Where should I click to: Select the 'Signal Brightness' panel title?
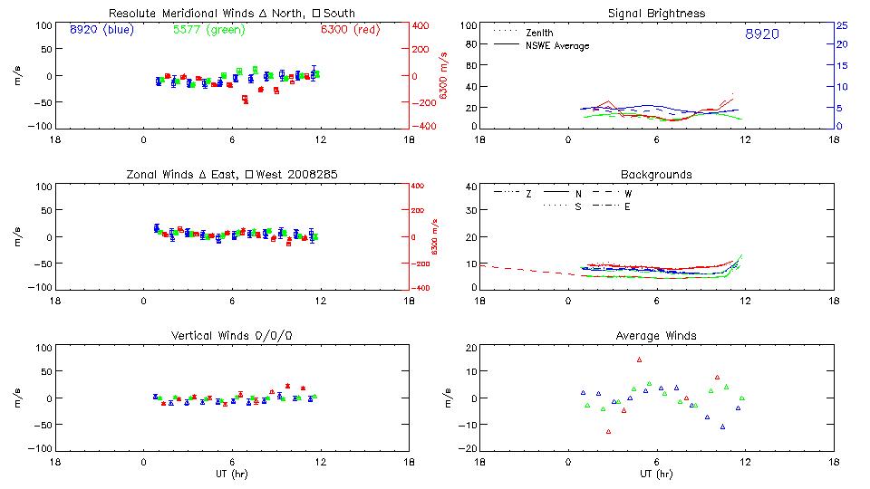[656, 14]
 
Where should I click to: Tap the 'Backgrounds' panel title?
[656, 174]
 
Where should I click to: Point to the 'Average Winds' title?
[656, 336]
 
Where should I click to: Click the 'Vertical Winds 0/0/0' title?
[231, 336]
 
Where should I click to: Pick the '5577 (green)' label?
[206, 30]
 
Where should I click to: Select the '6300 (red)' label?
[350, 30]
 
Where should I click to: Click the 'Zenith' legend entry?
[539, 32]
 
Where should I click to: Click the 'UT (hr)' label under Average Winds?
[656, 474]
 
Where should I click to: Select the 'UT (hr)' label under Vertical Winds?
[231, 474]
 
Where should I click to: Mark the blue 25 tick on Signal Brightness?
[841, 25]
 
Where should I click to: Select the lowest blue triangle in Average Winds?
[722, 426]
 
